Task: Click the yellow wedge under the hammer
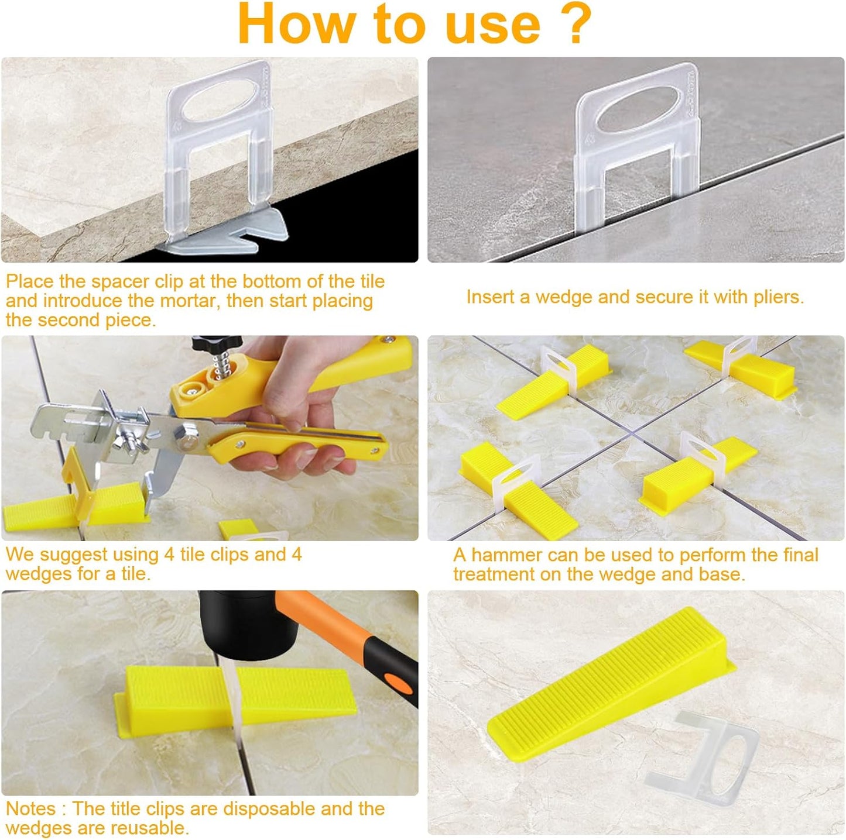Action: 240,696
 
